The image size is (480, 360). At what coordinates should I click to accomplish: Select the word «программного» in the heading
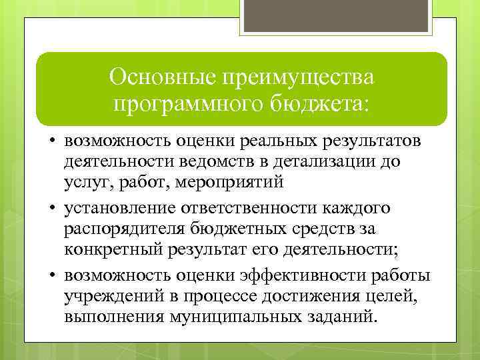coord(178,104)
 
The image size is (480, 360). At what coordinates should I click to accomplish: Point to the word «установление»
coord(117,209)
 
